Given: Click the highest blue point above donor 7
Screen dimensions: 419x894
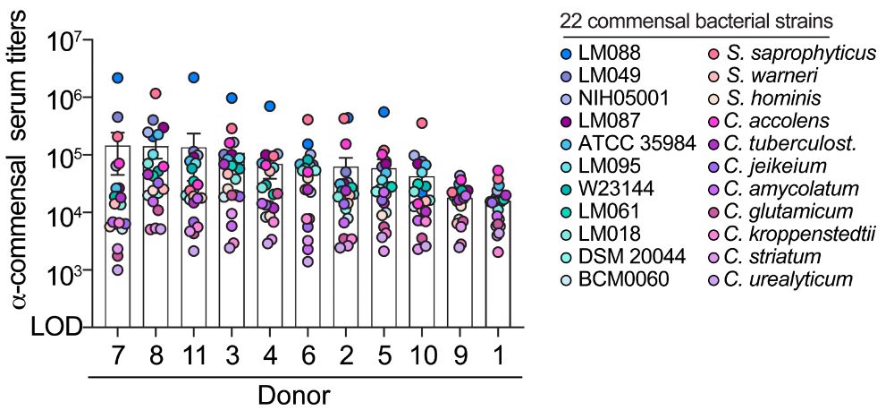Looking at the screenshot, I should coord(118,79).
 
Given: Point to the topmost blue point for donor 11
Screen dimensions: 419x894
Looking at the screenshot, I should coord(194,78).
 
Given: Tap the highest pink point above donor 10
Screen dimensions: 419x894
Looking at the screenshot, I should coord(422,123).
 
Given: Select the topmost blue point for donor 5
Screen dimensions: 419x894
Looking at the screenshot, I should coord(384,112).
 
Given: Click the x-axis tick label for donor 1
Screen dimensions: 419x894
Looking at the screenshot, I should coord(498,356).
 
